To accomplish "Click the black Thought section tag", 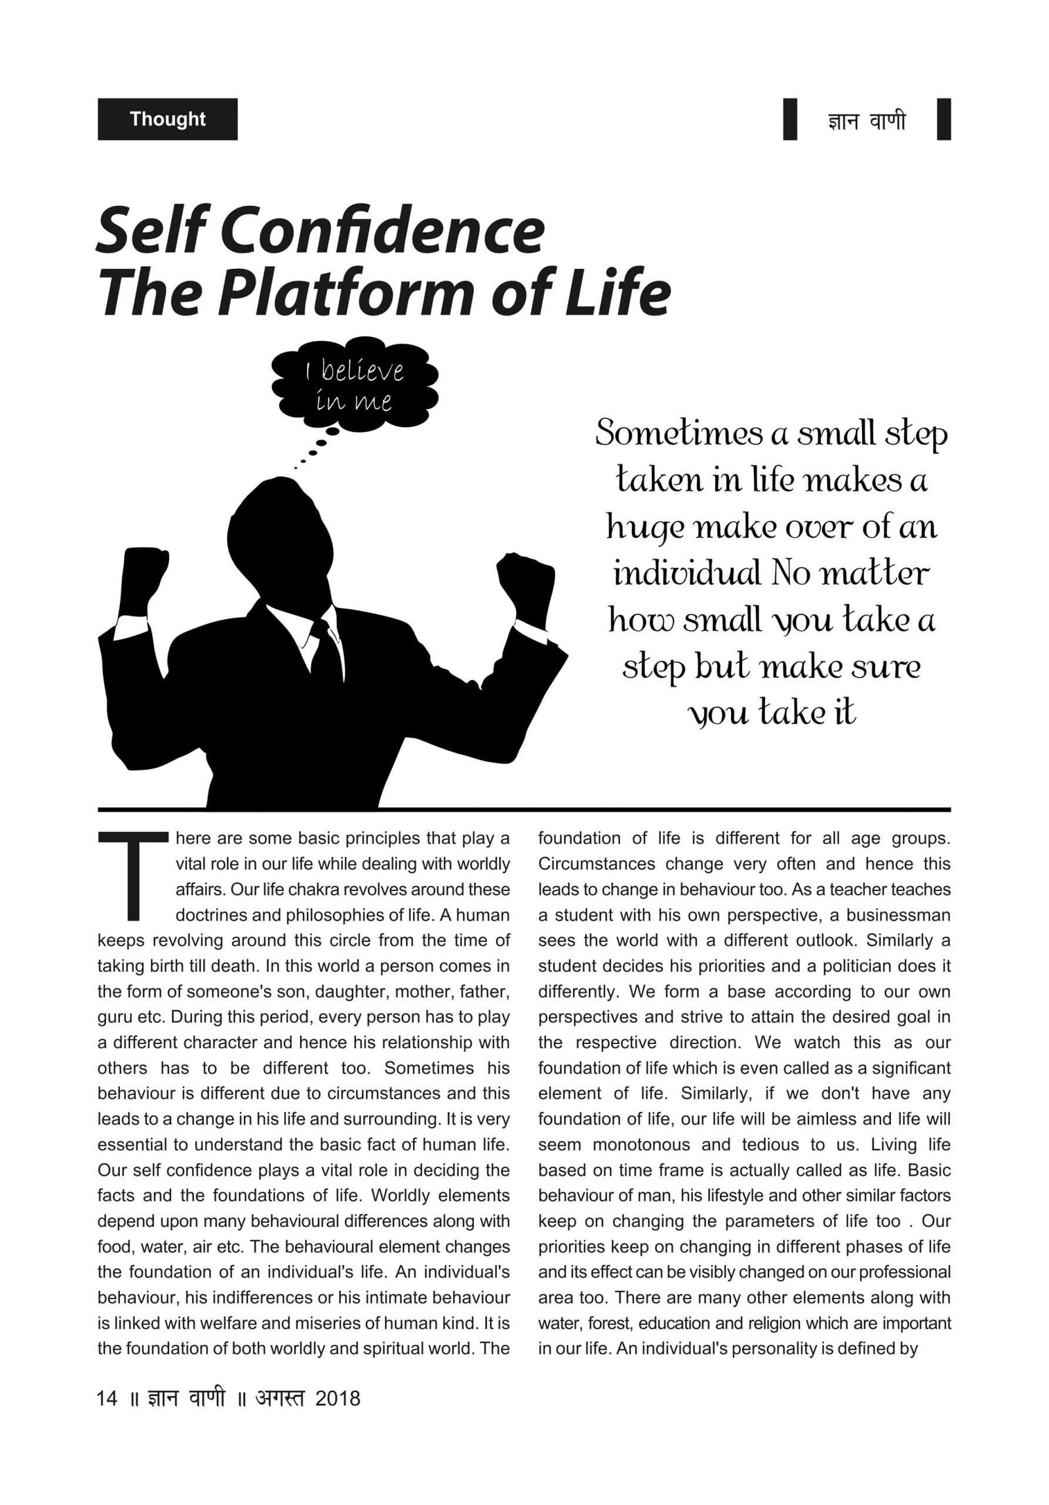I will (167, 119).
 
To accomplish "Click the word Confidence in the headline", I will (376, 232).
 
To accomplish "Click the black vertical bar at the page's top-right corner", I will (943, 119).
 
